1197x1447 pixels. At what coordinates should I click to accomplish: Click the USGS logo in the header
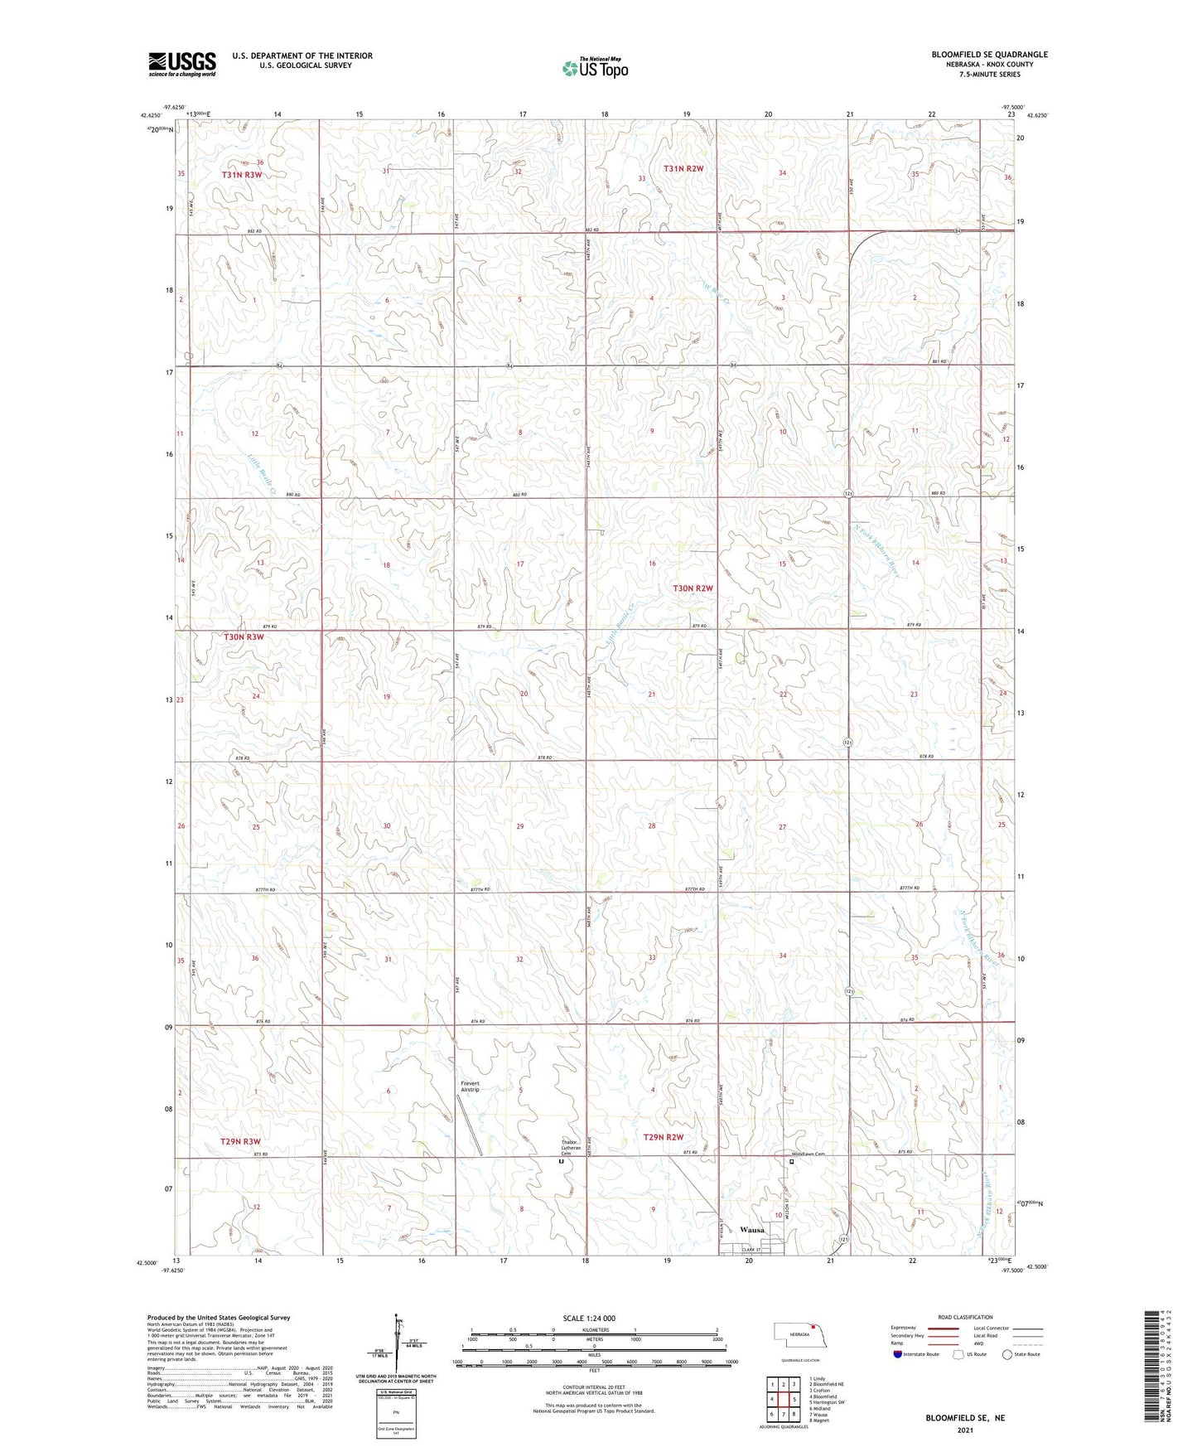181,63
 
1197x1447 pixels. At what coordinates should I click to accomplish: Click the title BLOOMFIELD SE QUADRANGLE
989,55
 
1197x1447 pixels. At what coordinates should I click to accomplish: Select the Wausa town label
752,1230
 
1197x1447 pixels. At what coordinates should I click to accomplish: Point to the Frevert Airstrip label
470,1086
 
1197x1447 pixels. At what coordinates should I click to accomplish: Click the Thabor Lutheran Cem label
567,1147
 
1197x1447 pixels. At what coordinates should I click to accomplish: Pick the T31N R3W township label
242,175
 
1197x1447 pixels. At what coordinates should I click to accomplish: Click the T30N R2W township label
693,588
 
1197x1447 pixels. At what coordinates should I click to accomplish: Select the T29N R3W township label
241,1141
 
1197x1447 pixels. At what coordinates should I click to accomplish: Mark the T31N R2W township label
683,168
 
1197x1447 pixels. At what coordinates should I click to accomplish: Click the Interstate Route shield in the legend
899,1354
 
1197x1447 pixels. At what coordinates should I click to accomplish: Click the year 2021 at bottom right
964,1430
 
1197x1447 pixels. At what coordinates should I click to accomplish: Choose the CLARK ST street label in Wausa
751,1250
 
